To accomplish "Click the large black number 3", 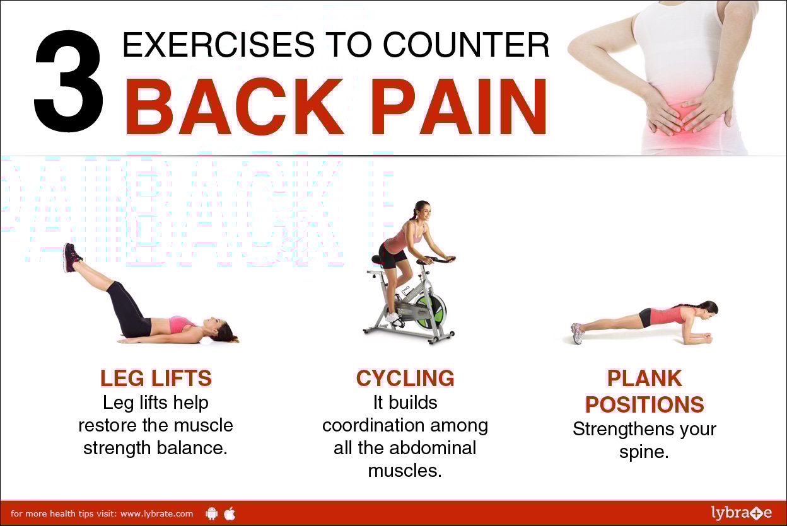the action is click(69, 81).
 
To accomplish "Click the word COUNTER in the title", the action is click(466, 45).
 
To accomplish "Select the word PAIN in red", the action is click(459, 106).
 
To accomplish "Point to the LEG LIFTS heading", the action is click(156, 378).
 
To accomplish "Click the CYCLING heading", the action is click(405, 378).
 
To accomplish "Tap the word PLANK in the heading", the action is click(644, 378).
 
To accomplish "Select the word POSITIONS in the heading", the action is click(644, 404).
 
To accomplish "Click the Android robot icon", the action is click(211, 513).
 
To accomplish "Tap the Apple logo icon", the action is click(230, 513).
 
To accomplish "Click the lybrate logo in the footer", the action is click(742, 513).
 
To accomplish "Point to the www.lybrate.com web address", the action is click(156, 514).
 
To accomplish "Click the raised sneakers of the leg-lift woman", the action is click(72, 258).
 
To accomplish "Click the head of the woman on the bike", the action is click(422, 212).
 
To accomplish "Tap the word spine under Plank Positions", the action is click(644, 452).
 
